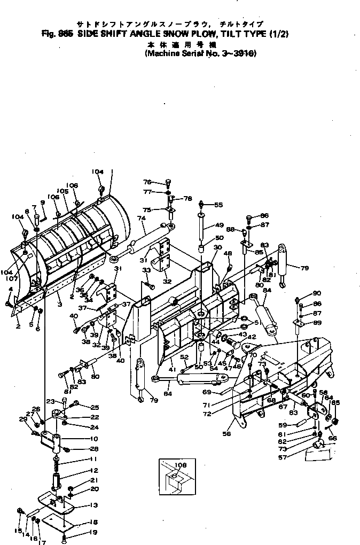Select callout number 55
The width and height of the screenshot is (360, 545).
(218, 205)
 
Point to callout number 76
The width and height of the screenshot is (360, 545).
(147, 181)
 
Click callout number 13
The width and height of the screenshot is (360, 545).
(93, 505)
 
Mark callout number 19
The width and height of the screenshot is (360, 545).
(94, 532)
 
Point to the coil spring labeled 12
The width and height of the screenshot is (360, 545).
(56, 476)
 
